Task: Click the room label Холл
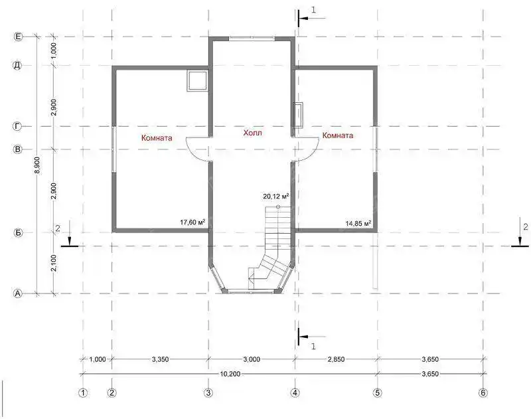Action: (x=253, y=133)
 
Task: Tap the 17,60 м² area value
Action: (x=192, y=222)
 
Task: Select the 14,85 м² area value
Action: (x=358, y=223)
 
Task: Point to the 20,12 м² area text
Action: (x=275, y=196)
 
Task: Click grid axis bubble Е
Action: (x=18, y=37)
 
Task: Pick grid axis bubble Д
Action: (x=18, y=65)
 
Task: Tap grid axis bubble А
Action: (x=18, y=293)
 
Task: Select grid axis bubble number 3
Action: (x=208, y=392)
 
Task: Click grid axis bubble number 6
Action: (x=483, y=392)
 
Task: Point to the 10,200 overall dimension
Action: (x=230, y=374)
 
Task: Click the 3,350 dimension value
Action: (x=160, y=359)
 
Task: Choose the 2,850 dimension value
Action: (x=336, y=359)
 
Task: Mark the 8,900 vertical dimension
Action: (x=38, y=165)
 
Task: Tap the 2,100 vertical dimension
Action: (x=54, y=263)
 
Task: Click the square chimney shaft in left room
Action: (x=196, y=80)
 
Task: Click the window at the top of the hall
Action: (x=252, y=39)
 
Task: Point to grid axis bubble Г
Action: (x=18, y=126)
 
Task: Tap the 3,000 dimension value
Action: (x=252, y=359)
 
